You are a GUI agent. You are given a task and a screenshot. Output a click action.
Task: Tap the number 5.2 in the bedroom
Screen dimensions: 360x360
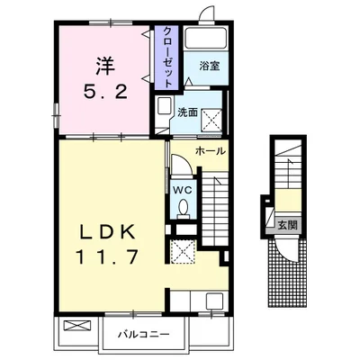(x=105, y=92)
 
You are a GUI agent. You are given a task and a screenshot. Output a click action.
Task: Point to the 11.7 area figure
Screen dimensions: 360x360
(x=108, y=257)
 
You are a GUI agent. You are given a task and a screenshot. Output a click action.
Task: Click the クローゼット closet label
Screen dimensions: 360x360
(x=166, y=57)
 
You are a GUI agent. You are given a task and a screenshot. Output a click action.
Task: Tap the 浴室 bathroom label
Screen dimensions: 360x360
(x=210, y=67)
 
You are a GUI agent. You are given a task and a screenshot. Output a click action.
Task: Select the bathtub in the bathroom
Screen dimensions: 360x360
(x=205, y=38)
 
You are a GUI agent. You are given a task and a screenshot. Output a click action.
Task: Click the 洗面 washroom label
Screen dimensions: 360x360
(x=187, y=112)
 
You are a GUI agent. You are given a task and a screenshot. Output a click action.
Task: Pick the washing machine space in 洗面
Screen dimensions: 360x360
(x=211, y=120)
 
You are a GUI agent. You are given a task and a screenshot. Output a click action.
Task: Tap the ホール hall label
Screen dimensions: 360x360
(x=210, y=151)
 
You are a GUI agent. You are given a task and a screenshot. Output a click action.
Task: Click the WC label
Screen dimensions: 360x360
(x=183, y=189)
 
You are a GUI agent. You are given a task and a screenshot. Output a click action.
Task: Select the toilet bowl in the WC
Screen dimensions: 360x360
(x=183, y=209)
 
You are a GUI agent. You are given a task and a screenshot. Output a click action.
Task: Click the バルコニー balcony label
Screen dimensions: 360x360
(x=143, y=334)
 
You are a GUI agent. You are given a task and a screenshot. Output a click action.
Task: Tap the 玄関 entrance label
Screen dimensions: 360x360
(x=287, y=225)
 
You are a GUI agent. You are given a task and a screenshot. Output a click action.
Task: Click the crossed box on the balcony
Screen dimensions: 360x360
(x=77, y=326)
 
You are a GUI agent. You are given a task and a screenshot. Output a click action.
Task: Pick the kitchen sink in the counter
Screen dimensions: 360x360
(x=214, y=301)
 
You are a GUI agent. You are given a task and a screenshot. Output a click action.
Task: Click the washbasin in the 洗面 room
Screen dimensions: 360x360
(x=164, y=105)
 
